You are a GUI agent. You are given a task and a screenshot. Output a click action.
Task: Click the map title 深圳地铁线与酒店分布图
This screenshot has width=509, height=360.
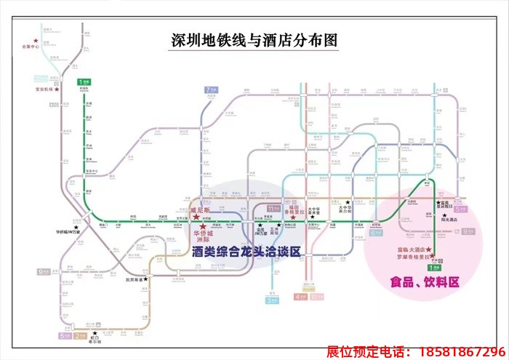tap(254, 41)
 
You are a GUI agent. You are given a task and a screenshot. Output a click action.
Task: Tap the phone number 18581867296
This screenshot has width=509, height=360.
tap(457, 351)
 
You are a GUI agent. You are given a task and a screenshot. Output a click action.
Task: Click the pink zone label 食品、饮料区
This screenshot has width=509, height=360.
tap(425, 282)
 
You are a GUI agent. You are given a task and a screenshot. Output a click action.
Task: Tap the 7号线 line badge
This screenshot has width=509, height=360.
tap(212, 90)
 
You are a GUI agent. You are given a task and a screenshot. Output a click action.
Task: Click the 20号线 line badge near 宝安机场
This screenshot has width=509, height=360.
tap(41, 79)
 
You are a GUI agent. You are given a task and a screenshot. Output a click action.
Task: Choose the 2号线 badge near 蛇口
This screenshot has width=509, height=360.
tap(80, 336)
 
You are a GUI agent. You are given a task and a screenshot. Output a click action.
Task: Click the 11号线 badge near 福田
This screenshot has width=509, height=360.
tap(273, 209)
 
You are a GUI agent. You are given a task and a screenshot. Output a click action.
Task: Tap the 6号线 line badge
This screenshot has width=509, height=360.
tap(375, 233)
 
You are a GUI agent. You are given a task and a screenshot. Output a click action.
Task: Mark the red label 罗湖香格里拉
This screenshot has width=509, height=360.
tap(410, 256)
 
